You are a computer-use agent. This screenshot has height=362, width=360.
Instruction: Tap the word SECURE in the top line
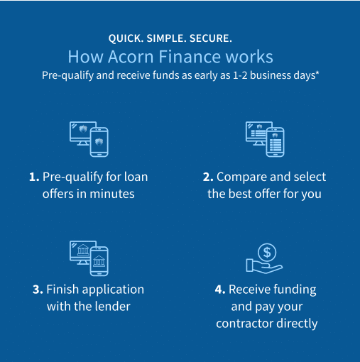211,38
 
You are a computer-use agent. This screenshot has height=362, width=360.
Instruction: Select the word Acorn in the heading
131,57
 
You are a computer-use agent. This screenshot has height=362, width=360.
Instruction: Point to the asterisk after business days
317,72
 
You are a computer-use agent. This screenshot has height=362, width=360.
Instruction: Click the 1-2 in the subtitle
240,75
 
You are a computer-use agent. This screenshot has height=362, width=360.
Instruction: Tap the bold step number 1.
34,177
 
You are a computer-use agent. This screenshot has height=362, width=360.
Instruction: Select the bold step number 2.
208,177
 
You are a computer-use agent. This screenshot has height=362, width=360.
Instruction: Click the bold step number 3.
38,290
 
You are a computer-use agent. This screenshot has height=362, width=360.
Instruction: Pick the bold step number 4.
220,290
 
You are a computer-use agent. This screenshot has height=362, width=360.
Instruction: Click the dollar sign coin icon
267,252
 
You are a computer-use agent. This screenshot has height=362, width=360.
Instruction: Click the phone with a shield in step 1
99,142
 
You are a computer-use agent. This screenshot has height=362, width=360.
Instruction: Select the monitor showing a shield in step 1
80,133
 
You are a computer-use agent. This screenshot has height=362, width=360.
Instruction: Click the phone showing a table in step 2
275,142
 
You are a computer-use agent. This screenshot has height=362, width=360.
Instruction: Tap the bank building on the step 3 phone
99,261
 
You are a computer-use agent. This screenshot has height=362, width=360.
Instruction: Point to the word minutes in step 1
112,194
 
